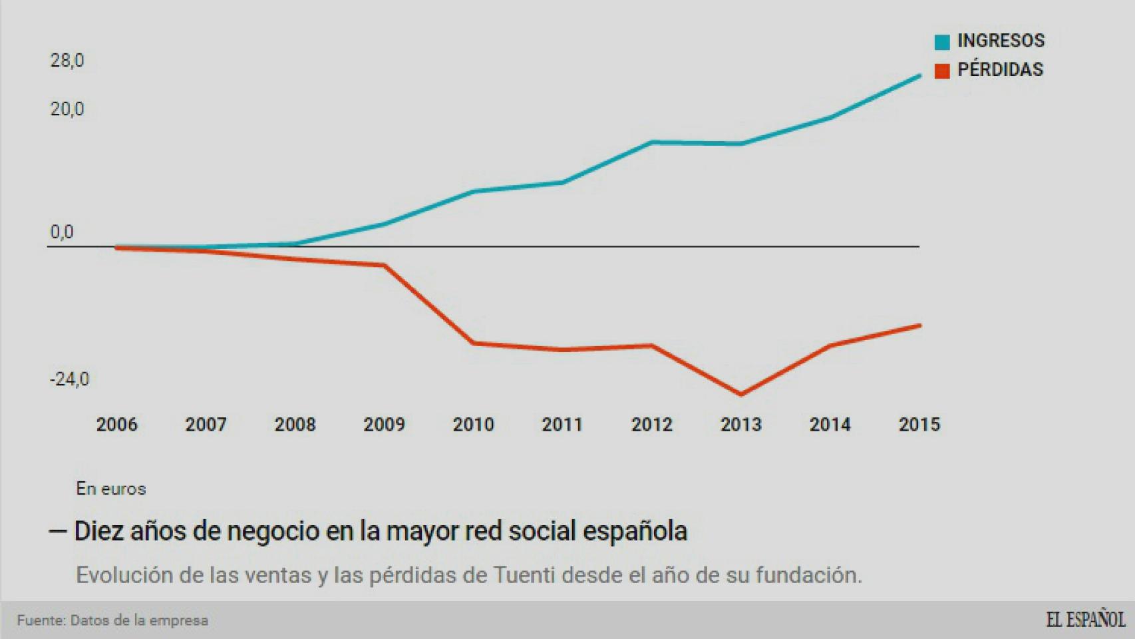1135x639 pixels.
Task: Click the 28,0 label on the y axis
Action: (x=67, y=61)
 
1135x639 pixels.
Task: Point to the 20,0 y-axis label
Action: (x=67, y=109)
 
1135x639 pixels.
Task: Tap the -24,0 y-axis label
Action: (x=69, y=379)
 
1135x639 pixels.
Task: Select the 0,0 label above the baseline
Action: (x=62, y=232)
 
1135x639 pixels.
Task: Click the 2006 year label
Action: (x=116, y=425)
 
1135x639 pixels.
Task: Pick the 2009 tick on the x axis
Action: (x=384, y=425)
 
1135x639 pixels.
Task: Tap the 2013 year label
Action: (x=740, y=425)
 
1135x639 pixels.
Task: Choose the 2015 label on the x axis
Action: (x=919, y=425)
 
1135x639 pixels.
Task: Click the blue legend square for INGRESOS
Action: (x=942, y=42)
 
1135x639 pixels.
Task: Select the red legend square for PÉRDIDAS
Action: (x=942, y=71)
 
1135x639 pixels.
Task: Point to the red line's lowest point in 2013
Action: (x=741, y=394)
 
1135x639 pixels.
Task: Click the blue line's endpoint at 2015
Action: (x=919, y=76)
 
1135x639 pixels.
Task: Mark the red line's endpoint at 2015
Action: (x=919, y=325)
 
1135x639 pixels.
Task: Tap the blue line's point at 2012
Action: (x=652, y=142)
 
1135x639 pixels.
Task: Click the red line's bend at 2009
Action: (x=385, y=266)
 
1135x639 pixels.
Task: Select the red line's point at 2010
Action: (x=474, y=343)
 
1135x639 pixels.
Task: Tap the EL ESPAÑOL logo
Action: (x=1085, y=620)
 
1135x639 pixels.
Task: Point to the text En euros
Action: (x=110, y=489)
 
